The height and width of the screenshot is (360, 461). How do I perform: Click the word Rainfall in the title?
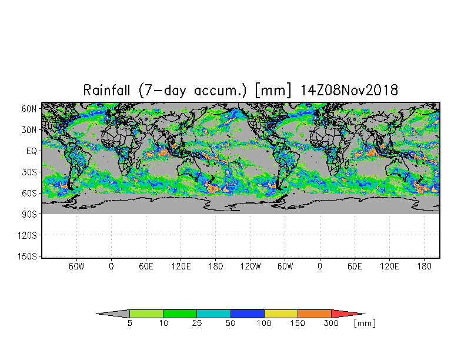point(106,90)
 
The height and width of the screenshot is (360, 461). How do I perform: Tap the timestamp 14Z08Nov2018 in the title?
point(349,90)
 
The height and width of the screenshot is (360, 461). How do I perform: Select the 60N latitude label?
point(29,109)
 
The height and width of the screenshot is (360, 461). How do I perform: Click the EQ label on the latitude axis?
point(32,151)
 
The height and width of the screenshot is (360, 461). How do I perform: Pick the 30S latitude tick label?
point(29,172)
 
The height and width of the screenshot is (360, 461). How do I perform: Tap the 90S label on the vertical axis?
point(29,214)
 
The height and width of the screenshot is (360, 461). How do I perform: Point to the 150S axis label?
point(27,256)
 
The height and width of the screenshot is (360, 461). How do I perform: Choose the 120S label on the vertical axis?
point(27,235)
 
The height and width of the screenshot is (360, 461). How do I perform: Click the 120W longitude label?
point(250,266)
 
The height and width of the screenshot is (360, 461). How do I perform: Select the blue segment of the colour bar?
point(247,314)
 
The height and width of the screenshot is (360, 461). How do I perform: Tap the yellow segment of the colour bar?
point(281,314)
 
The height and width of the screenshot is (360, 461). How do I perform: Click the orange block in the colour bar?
point(315,314)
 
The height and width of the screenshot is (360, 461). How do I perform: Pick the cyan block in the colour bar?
point(213,314)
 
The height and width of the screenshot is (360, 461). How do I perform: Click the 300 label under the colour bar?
point(332,324)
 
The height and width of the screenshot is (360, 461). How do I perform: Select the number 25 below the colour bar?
point(196,324)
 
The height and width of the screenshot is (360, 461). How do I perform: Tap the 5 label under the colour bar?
point(129,324)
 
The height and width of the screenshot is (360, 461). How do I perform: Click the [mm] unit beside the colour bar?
point(365,324)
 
